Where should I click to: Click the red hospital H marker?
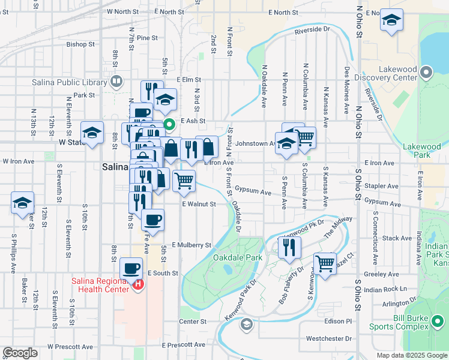point(139,284)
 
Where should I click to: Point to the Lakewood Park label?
point(421,151)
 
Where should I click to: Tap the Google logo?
point(20,353)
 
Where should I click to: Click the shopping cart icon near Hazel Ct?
point(325,262)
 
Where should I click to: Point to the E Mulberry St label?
point(191,245)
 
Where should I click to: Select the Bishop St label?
point(80,44)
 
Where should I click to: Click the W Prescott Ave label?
point(70,346)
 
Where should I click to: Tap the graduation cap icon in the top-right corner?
point(391,21)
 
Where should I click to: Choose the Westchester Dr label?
point(328,338)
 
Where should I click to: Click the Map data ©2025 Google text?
point(411,355)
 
